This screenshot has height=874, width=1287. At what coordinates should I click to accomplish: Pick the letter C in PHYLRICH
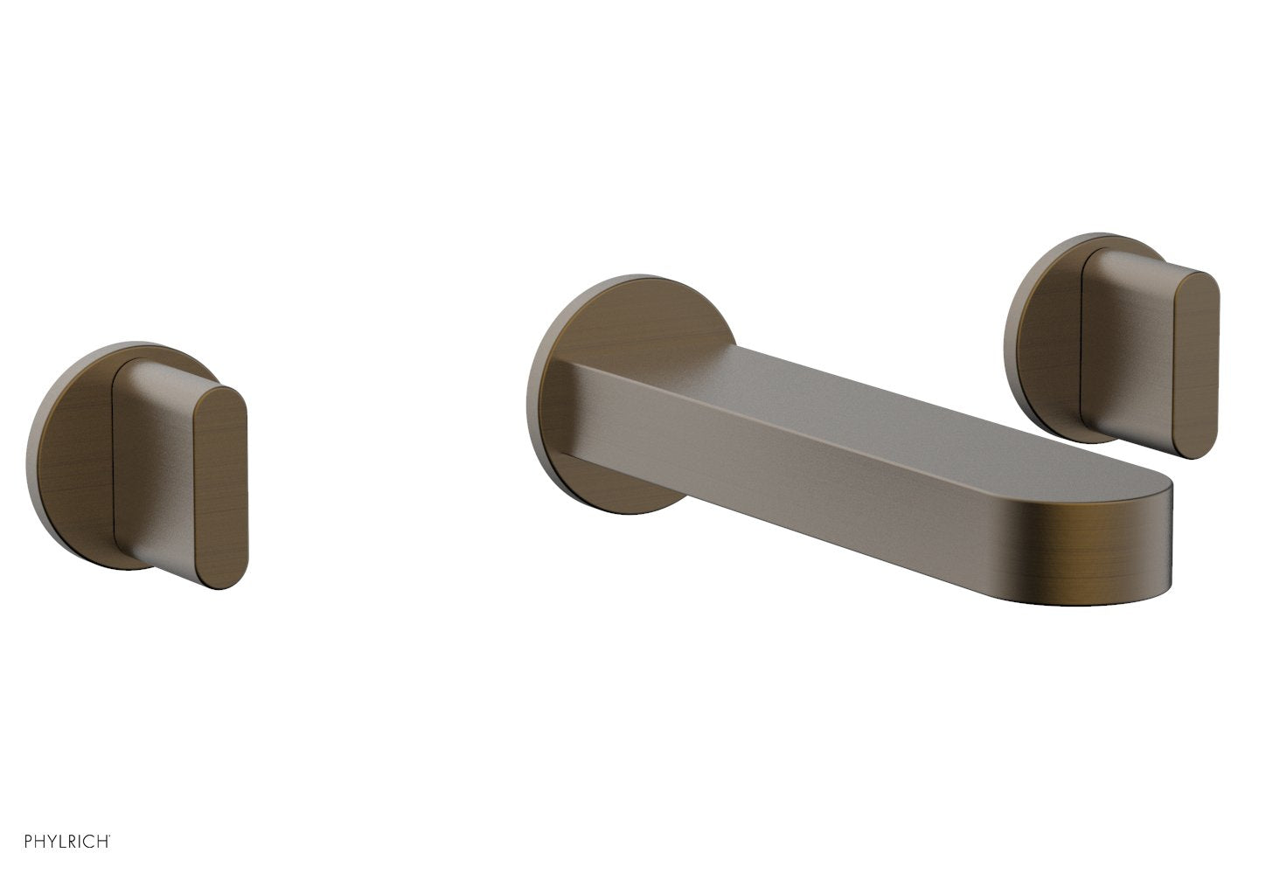pyautogui.click(x=87, y=840)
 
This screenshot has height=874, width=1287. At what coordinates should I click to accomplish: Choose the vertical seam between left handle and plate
pyautogui.click(x=113, y=463)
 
